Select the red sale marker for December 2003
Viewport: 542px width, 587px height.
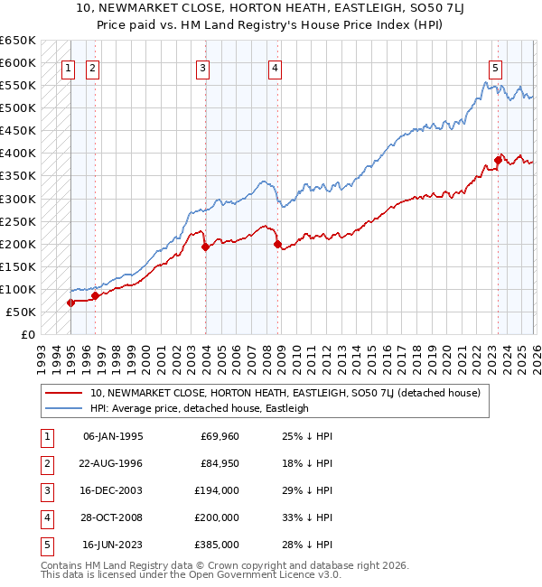point(205,247)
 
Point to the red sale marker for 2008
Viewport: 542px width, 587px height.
point(277,244)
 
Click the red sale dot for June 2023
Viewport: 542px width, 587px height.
point(498,160)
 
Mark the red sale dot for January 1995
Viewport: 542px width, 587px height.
point(70,303)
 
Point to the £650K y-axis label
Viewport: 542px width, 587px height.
point(17,41)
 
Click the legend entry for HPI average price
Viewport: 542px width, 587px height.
point(199,408)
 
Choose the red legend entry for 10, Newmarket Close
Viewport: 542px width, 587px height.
point(290,393)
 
